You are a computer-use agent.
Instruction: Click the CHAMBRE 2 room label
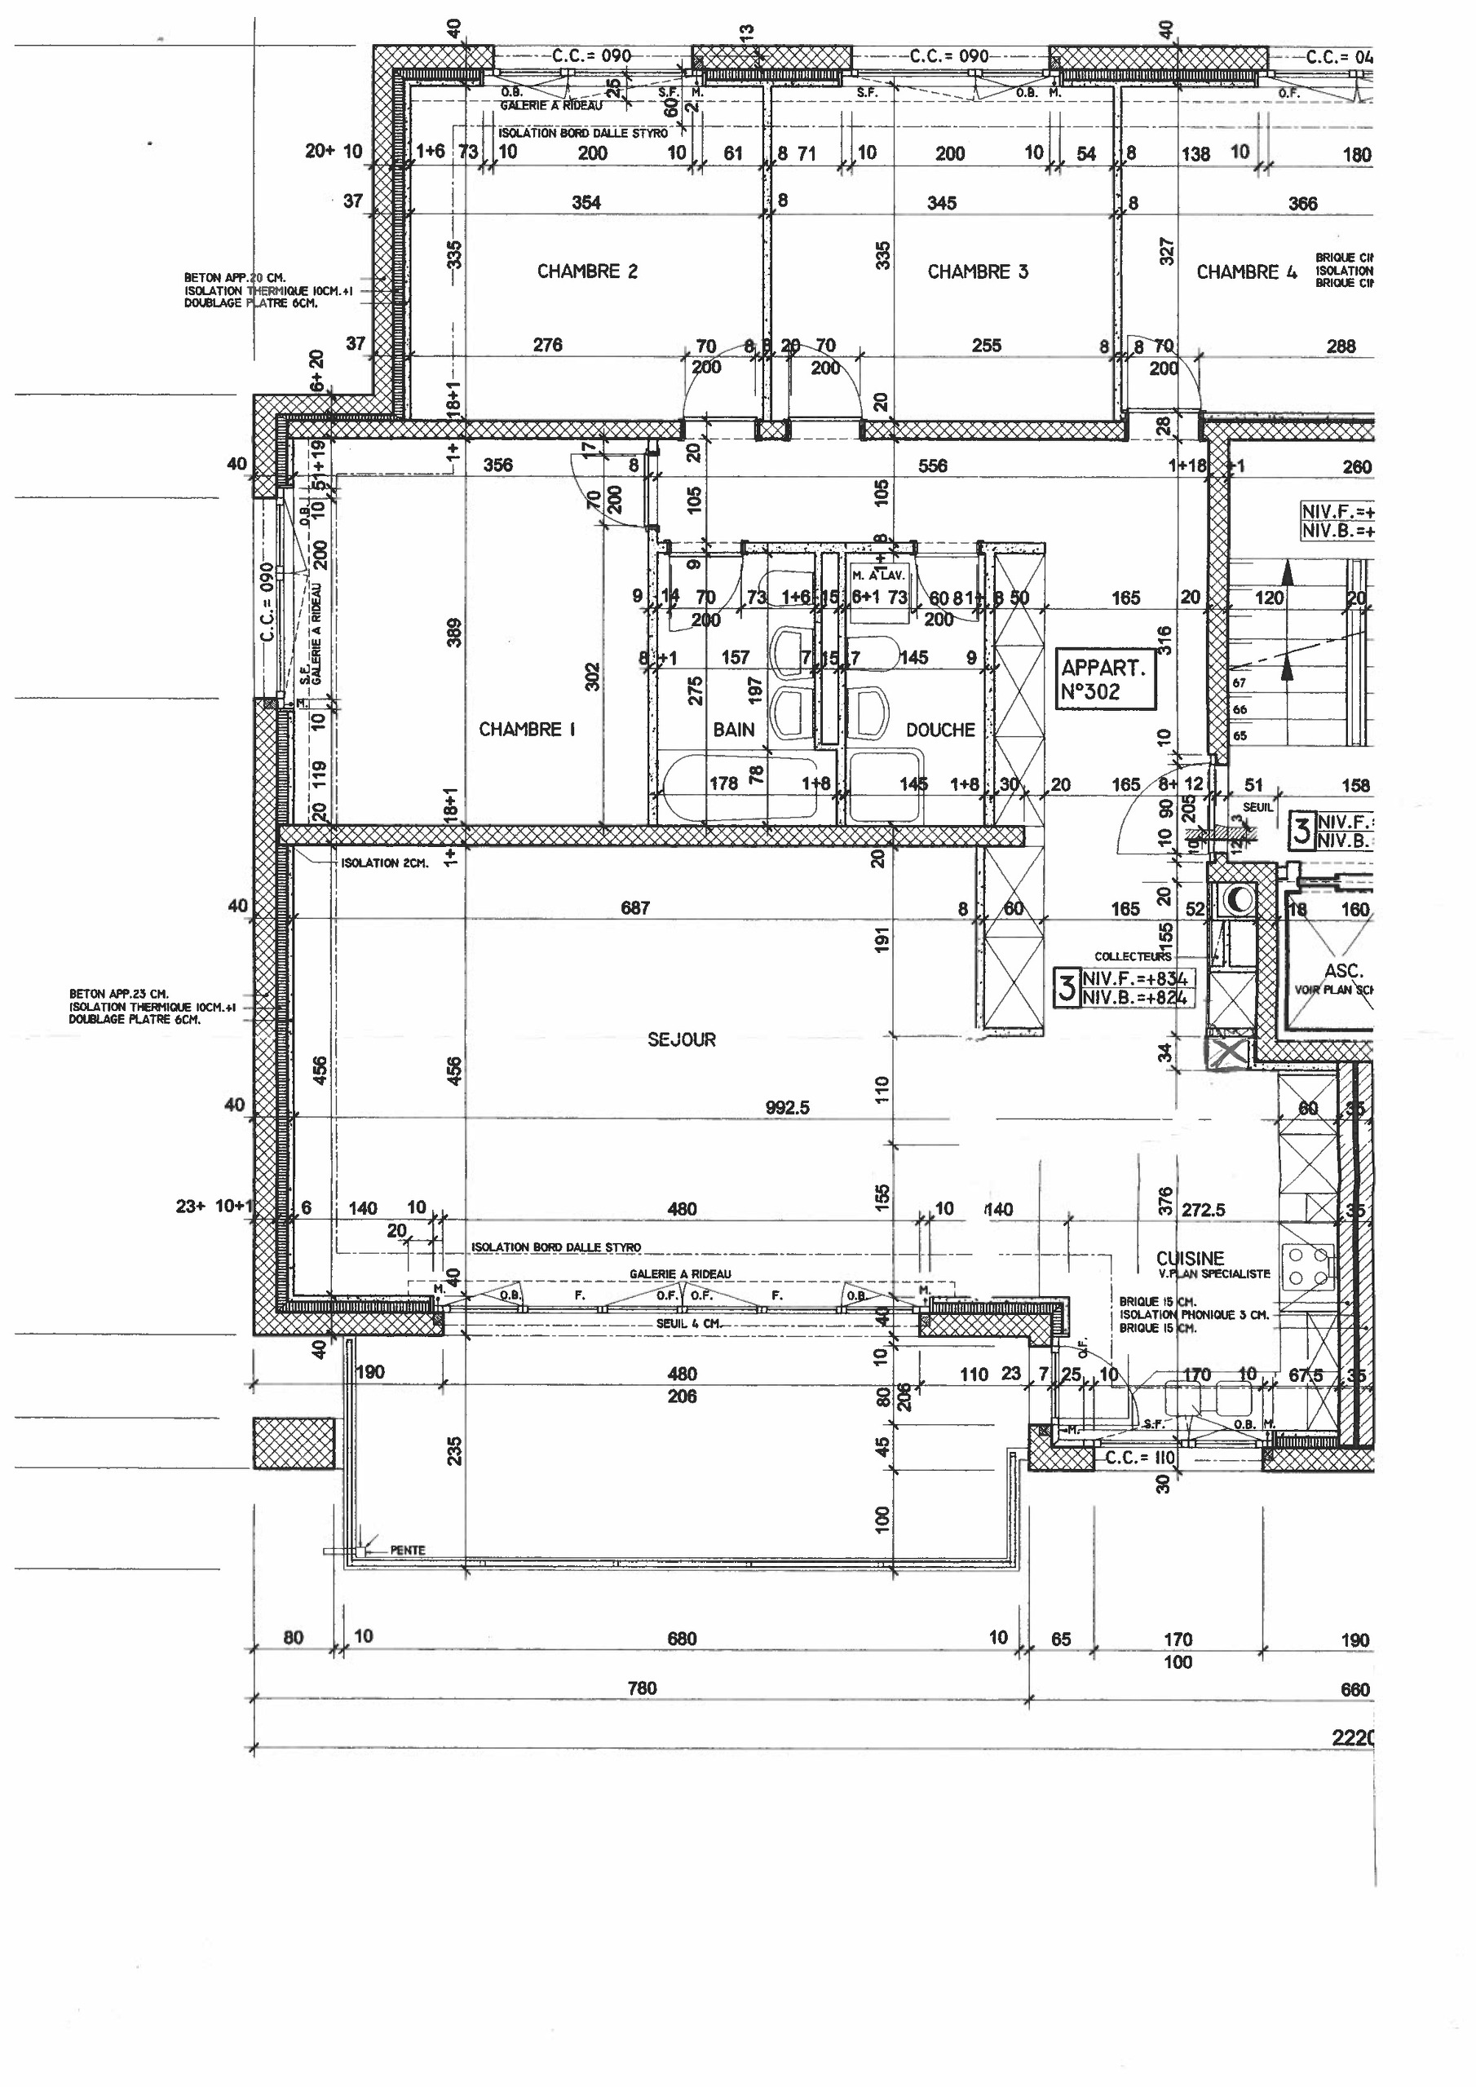coord(586,271)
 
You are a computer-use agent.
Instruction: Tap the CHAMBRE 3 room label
coord(977,271)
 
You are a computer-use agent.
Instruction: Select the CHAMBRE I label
coord(527,729)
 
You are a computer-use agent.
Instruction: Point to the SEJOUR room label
coord(681,1039)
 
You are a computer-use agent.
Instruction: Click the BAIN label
coord(733,729)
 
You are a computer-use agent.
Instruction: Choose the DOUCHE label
coord(939,729)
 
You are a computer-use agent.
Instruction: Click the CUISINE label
coord(1190,1258)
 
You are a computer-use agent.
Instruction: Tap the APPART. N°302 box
coord(1104,679)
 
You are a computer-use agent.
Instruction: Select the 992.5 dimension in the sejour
coord(787,1107)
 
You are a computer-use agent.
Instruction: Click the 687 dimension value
coord(634,907)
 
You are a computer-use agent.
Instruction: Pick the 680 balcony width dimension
coord(681,1639)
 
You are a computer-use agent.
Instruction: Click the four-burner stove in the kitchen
coord(1306,1265)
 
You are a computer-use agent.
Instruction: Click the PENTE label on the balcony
coord(408,1550)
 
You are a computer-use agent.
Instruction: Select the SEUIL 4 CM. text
coord(688,1323)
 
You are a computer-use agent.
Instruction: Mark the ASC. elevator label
coord(1342,971)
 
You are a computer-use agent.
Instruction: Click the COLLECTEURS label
coord(1132,956)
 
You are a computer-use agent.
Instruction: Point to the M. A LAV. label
coord(877,576)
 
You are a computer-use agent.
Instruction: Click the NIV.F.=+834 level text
coord(1134,979)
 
